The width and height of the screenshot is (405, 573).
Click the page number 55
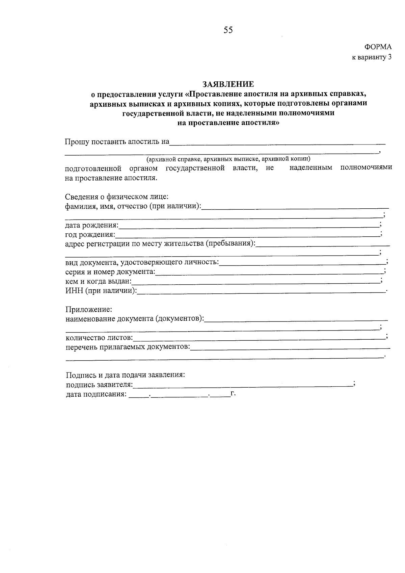point(228,30)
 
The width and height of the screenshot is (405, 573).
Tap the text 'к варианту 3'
point(372,57)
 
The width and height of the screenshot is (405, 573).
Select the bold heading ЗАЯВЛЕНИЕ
point(228,84)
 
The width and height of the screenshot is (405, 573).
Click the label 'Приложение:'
point(88,309)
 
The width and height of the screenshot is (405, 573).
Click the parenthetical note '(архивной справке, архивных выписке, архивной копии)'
point(228,159)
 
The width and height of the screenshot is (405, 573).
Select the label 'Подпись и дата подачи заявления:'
point(125,375)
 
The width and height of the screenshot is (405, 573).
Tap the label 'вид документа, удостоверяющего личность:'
point(142,262)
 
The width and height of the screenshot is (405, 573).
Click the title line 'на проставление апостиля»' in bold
point(228,123)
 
